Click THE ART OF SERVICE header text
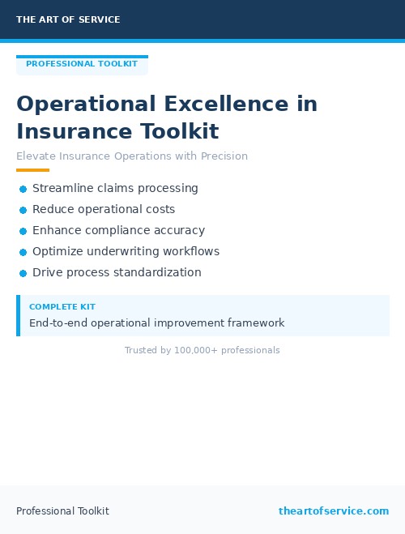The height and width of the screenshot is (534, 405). (68, 19)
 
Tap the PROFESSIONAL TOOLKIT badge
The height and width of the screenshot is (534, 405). (82, 64)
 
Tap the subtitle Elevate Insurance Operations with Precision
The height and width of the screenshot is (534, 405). (132, 156)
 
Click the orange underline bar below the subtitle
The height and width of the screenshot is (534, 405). (32, 170)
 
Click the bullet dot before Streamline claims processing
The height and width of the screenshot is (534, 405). (23, 189)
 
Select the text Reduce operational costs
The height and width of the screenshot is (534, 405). (104, 209)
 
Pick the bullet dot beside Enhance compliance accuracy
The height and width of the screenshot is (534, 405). (23, 231)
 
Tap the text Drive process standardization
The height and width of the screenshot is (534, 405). (117, 272)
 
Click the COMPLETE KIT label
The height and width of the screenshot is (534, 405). (62, 307)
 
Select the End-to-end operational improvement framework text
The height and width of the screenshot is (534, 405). (156, 323)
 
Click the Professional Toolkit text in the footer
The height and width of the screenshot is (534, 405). (62, 511)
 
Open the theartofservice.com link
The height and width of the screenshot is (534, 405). (334, 511)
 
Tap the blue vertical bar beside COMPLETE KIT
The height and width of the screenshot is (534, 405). (18, 315)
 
